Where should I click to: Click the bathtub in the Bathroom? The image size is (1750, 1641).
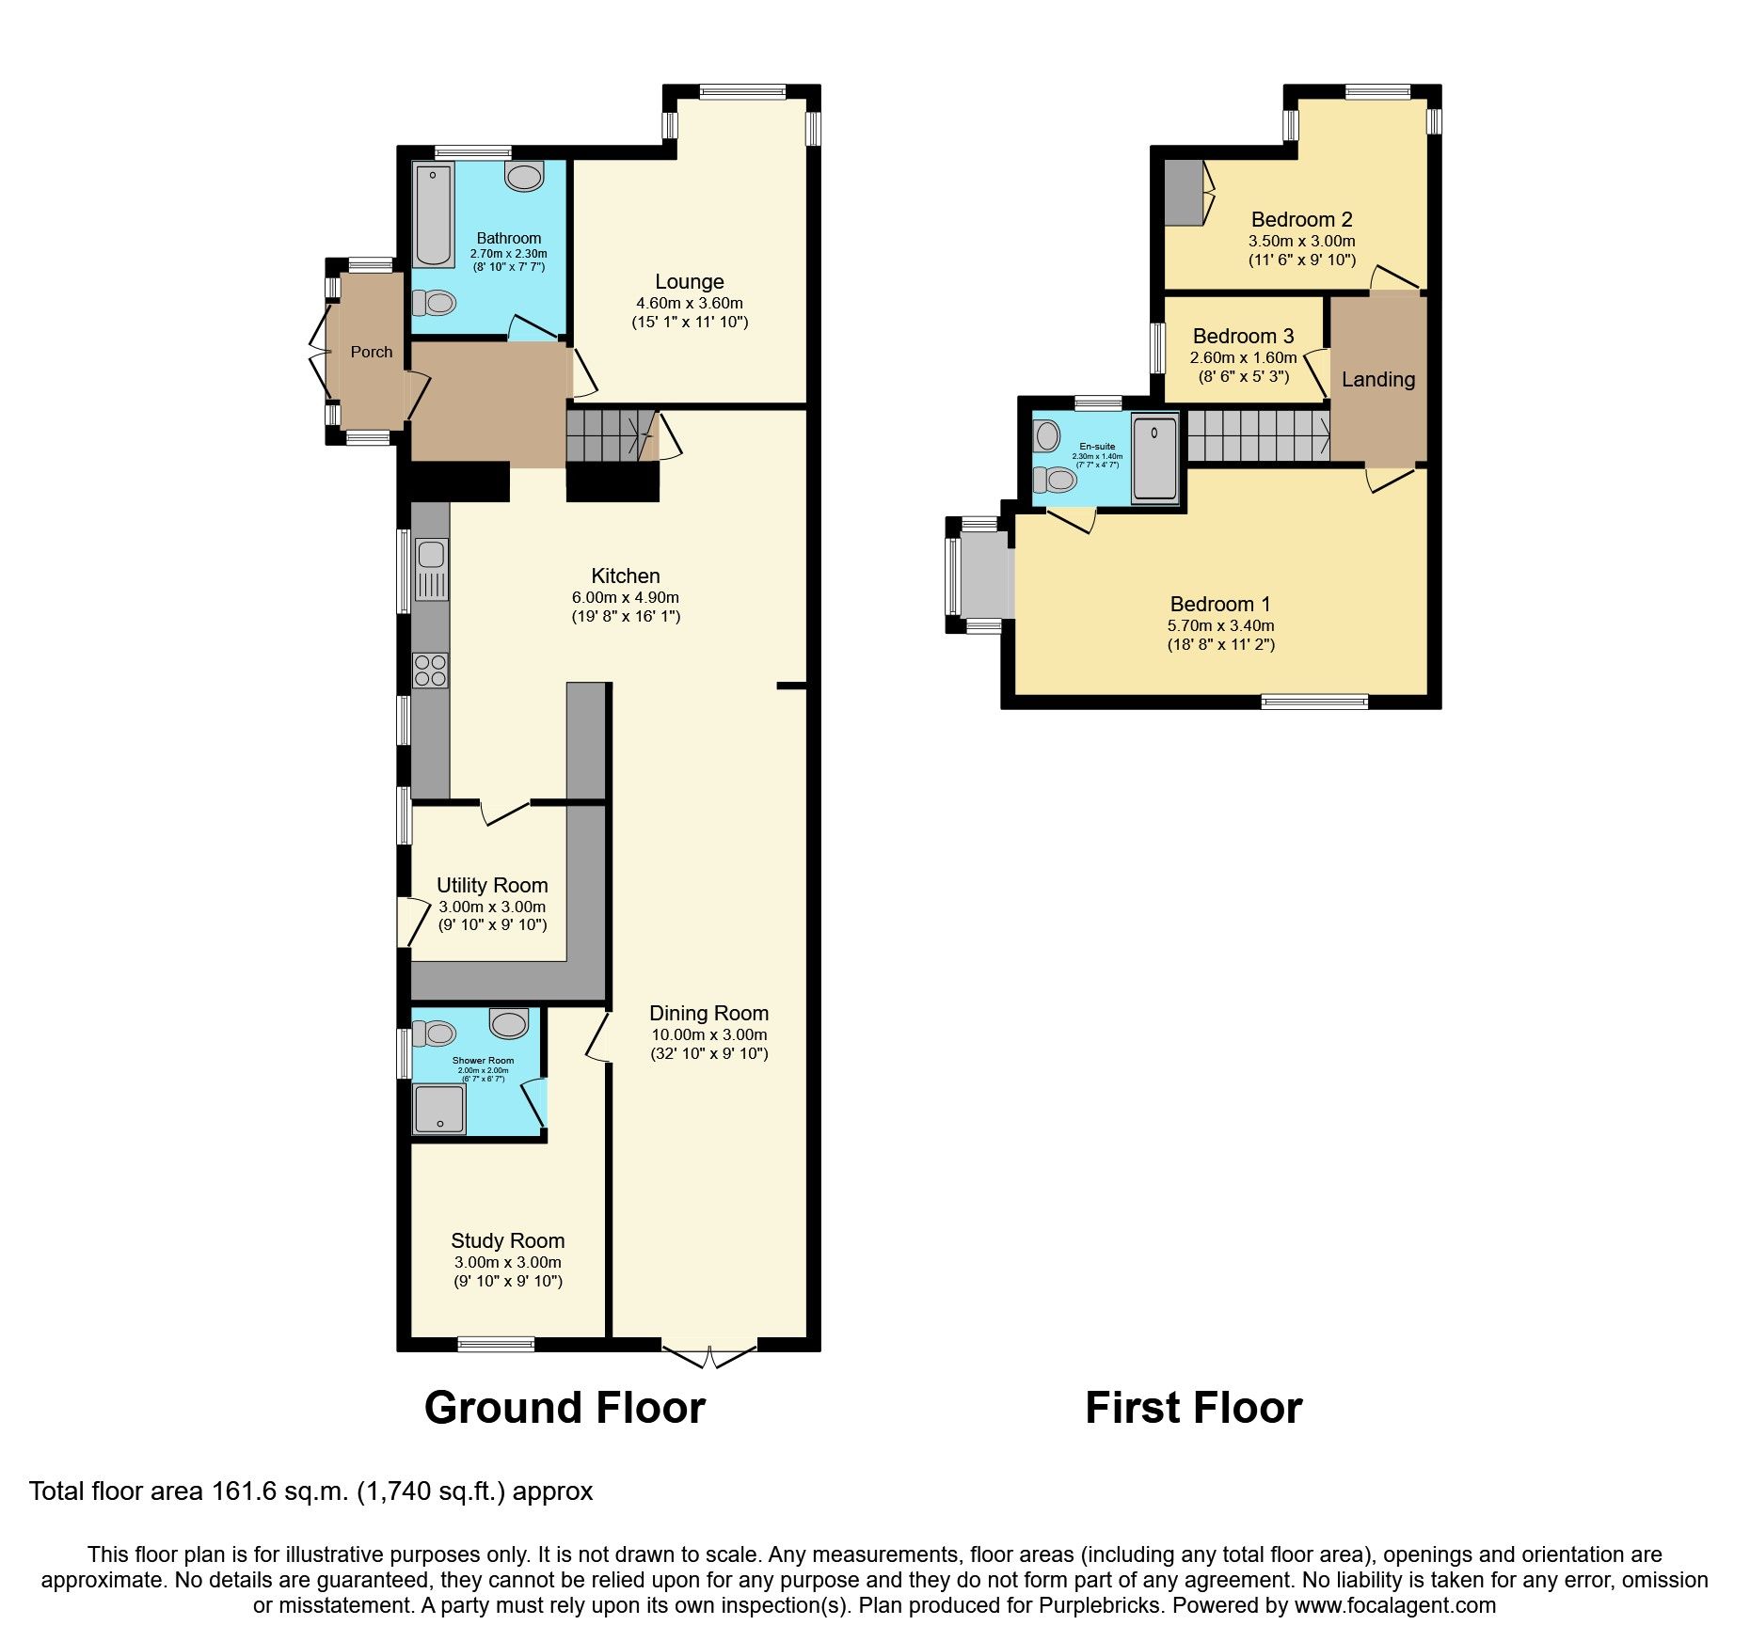click(434, 214)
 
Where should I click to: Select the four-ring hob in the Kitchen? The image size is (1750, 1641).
click(431, 671)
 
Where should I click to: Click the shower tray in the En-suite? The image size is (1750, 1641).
click(1154, 458)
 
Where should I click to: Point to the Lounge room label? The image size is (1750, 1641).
click(690, 282)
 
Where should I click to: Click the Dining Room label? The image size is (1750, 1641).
click(708, 1014)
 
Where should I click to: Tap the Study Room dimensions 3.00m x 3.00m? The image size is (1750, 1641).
click(507, 1263)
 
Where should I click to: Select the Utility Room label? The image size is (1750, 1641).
click(492, 886)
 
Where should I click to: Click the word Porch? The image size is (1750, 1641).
click(372, 352)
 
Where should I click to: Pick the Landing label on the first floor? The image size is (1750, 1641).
click(1378, 380)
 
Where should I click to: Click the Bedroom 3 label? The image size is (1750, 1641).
click(1243, 337)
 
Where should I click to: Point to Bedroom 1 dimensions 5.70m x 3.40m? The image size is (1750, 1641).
click(1220, 625)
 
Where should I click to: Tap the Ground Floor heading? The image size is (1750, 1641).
click(565, 1409)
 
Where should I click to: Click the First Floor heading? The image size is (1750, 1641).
click(1193, 1409)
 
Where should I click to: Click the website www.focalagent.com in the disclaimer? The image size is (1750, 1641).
click(1394, 1605)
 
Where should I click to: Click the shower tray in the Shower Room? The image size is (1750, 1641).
click(438, 1110)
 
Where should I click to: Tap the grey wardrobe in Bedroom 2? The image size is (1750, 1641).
click(1184, 193)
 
